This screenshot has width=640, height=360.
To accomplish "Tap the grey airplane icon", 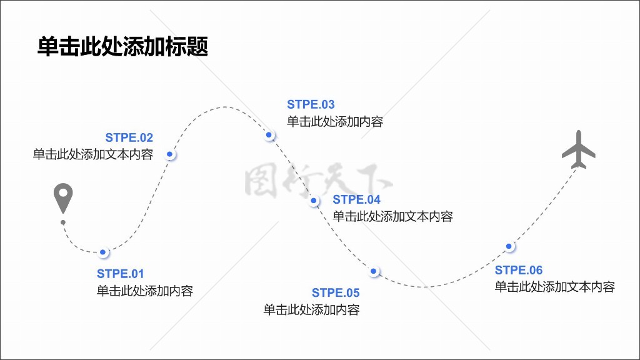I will click(x=578, y=149).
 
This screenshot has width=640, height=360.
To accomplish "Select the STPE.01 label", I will click(x=121, y=274).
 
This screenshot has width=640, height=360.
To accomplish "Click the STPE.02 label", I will click(x=129, y=138).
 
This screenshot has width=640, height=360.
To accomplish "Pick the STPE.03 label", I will click(x=311, y=104).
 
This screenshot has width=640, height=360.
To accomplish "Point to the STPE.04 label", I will click(x=357, y=199).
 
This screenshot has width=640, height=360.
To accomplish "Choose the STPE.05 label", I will click(x=336, y=292).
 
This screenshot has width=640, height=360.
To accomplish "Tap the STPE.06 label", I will click(x=519, y=270).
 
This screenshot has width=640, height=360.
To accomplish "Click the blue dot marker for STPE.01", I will click(x=103, y=252).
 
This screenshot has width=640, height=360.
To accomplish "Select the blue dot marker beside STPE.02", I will click(x=169, y=154).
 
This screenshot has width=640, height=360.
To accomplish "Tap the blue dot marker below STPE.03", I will click(x=269, y=135).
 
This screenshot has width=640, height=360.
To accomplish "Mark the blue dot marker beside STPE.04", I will click(x=314, y=201).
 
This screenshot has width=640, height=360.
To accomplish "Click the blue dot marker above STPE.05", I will click(x=373, y=271).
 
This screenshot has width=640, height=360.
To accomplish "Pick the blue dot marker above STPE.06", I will click(x=509, y=246).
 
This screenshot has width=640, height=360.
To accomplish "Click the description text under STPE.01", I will click(x=145, y=291).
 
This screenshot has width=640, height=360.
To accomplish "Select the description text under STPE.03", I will click(x=335, y=122).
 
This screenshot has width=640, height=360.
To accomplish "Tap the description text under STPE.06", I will click(x=555, y=287).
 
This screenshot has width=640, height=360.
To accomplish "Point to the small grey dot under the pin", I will click(x=62, y=222).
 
